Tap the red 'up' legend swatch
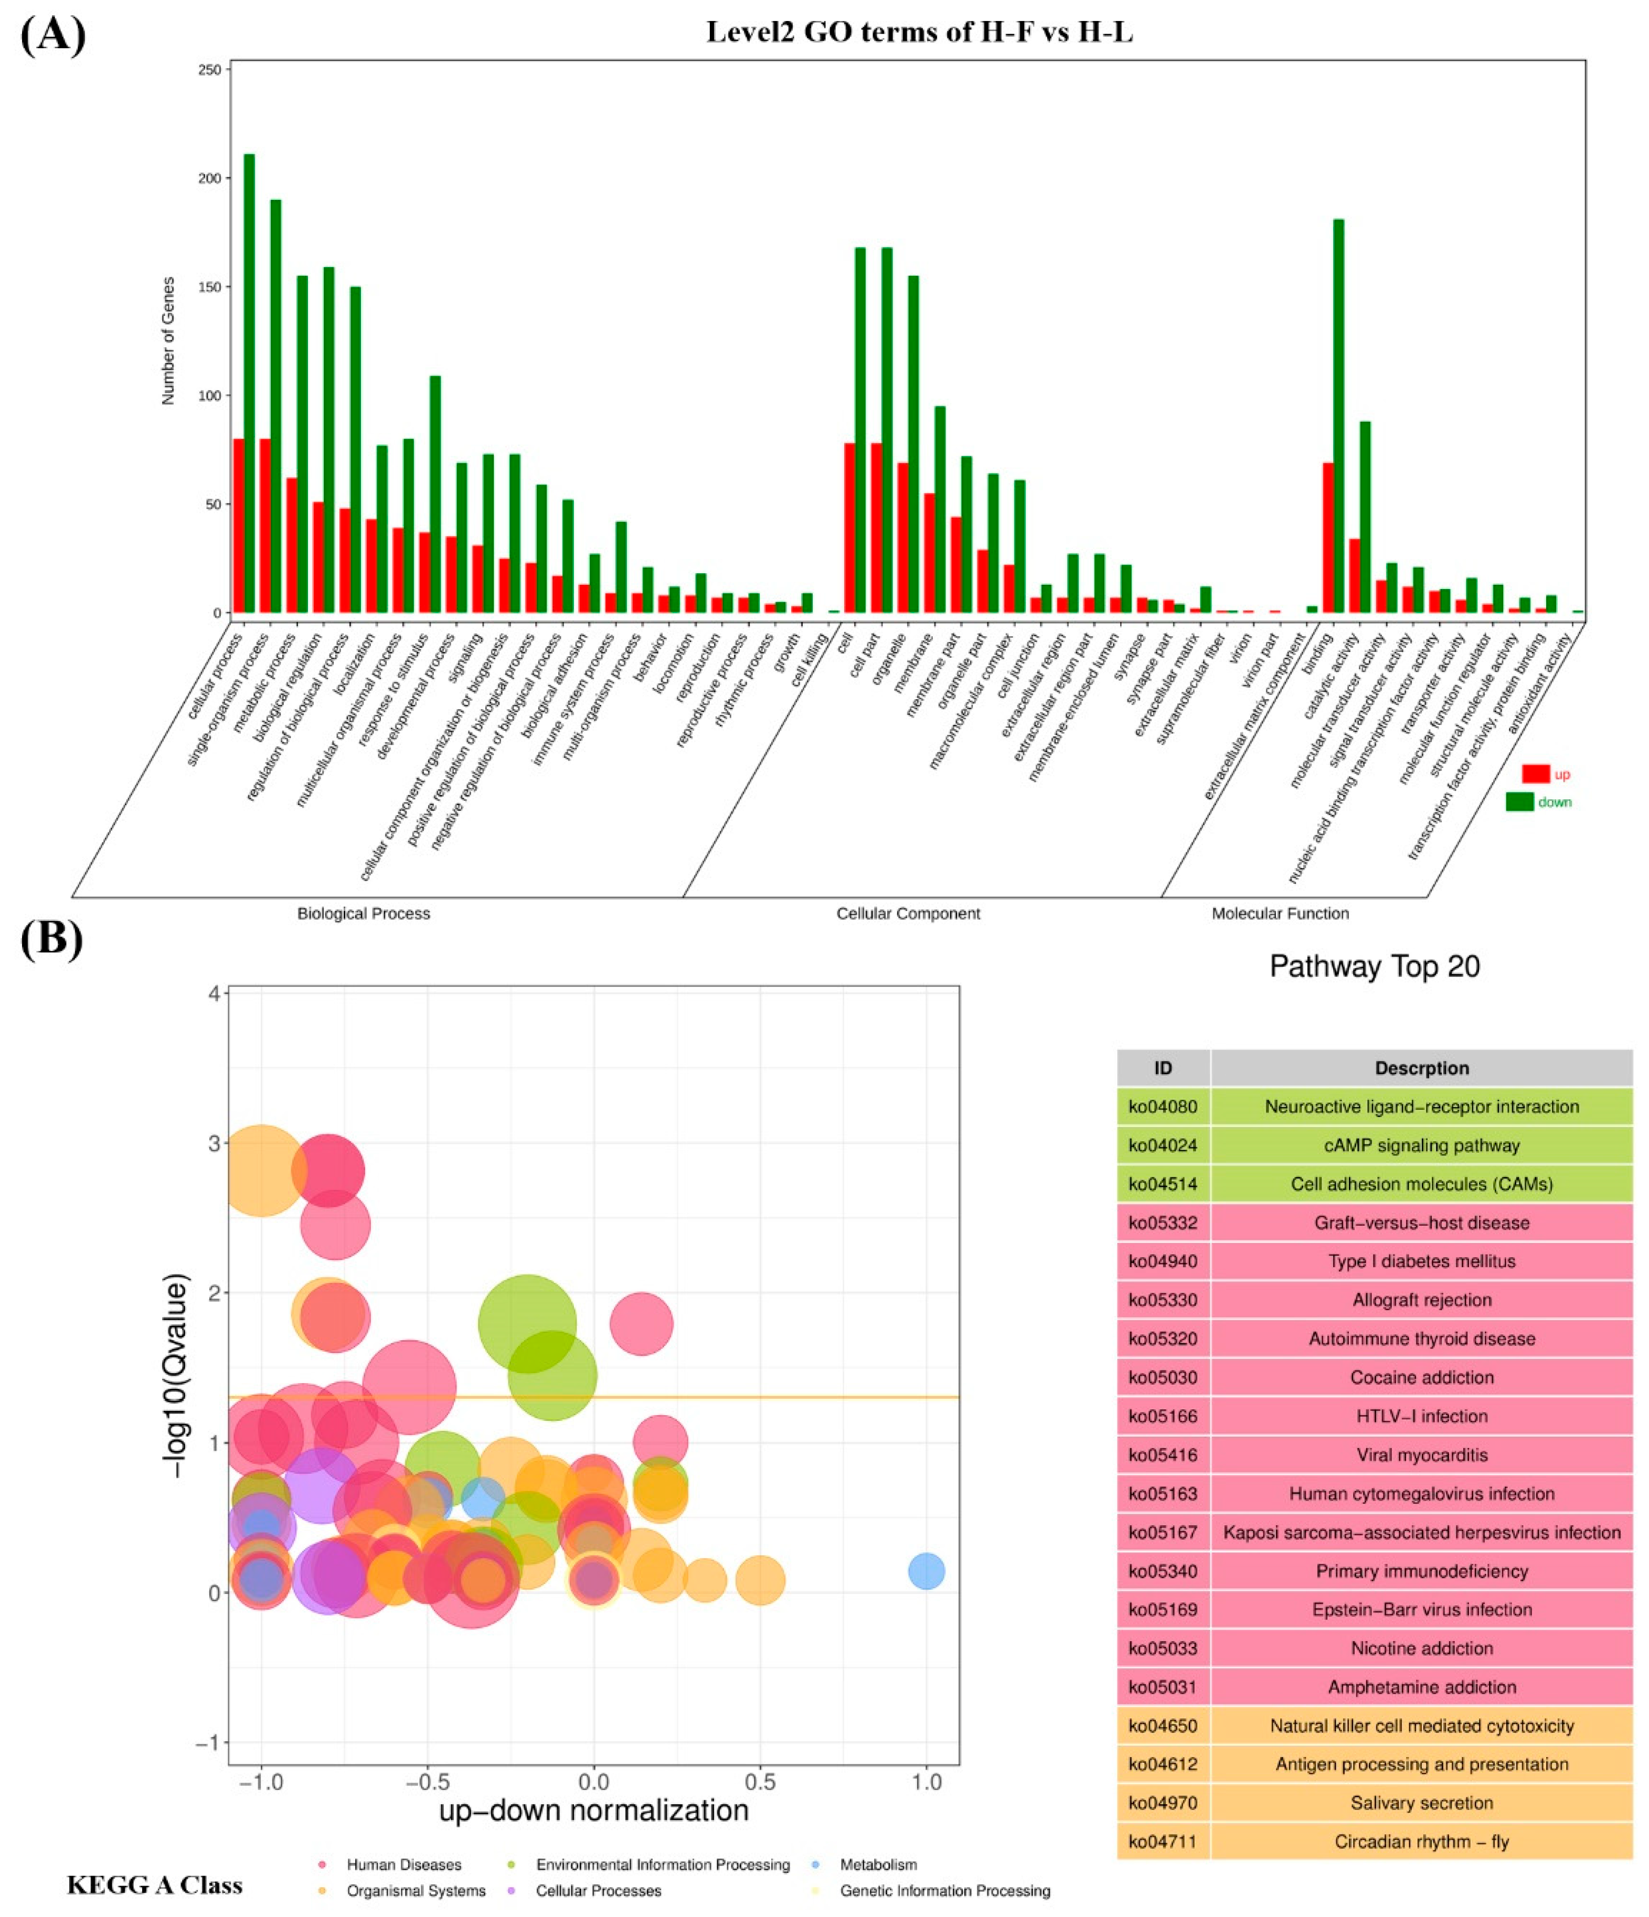(1535, 774)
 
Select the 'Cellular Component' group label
(908, 913)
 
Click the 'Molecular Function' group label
(1280, 913)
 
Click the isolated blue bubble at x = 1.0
(927, 1570)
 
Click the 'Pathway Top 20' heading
(1374, 967)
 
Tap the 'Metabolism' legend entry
(877, 1864)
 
